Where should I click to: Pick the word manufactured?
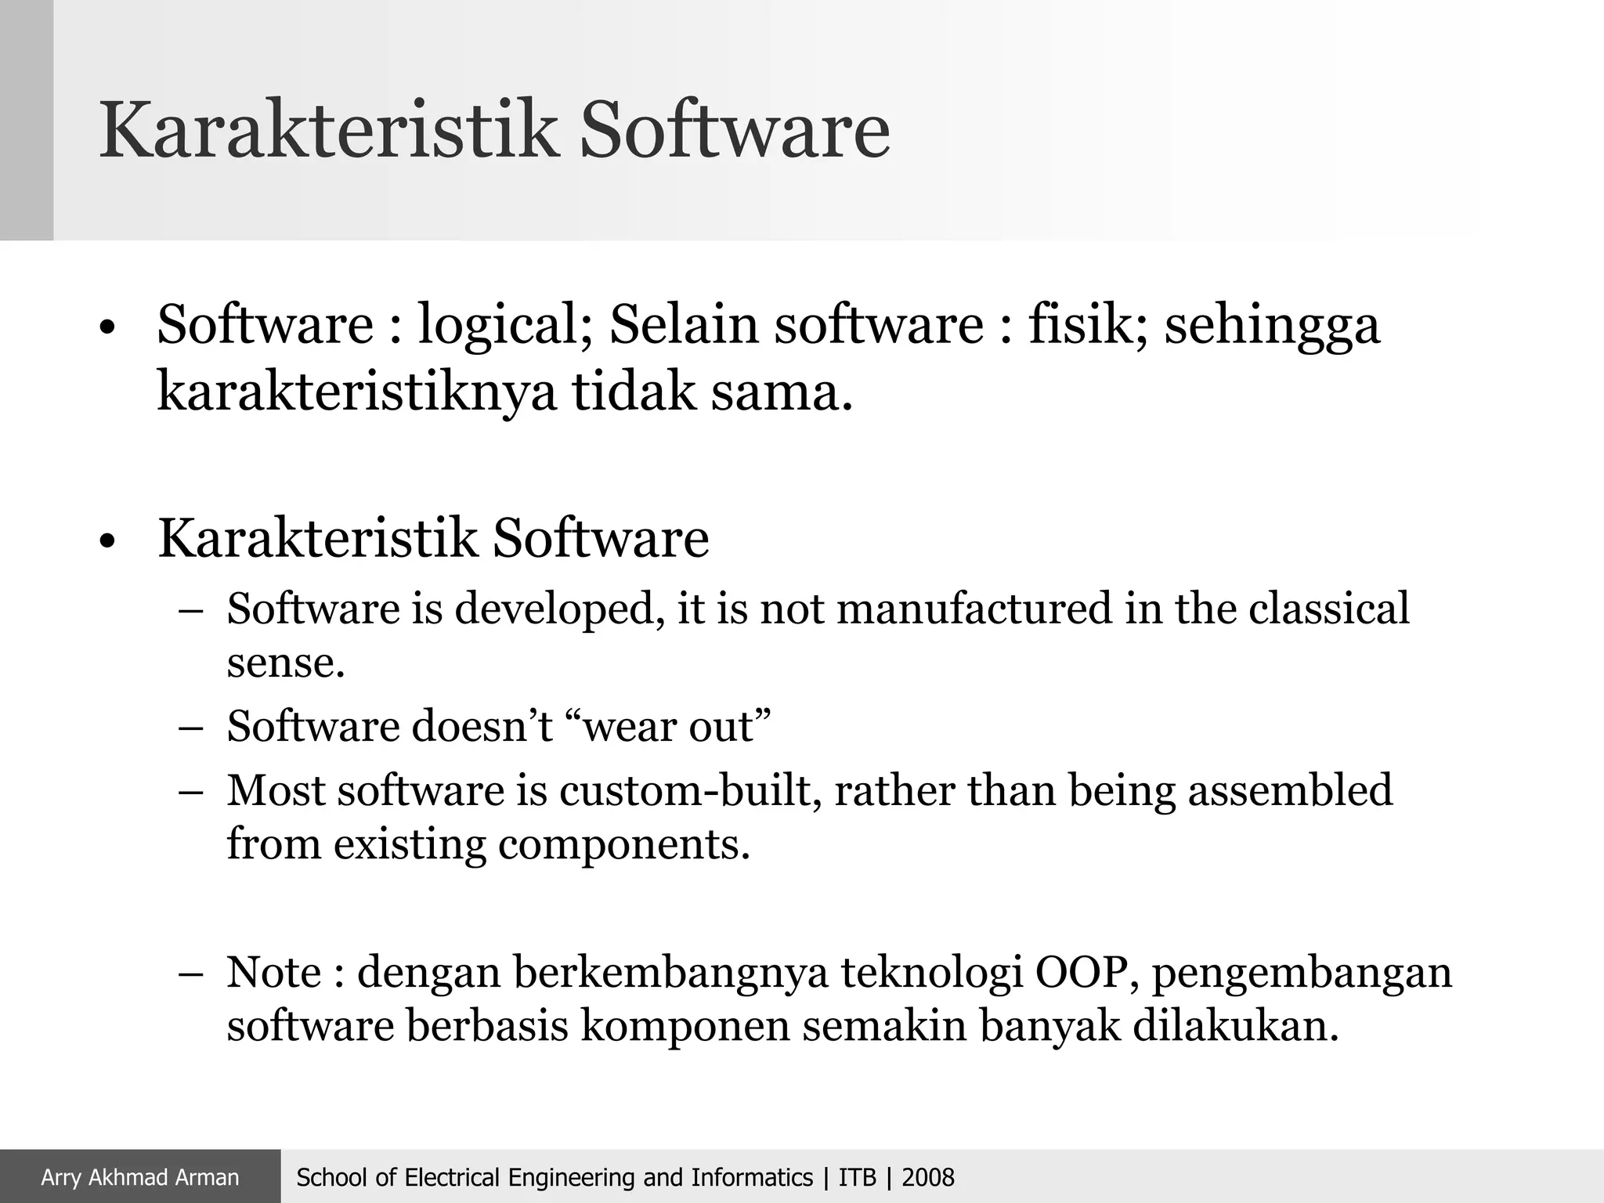(974, 609)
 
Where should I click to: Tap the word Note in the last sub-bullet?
(273, 972)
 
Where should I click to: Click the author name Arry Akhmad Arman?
(140, 1177)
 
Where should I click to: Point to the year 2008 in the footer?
(928, 1177)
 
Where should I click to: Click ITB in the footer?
(857, 1177)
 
